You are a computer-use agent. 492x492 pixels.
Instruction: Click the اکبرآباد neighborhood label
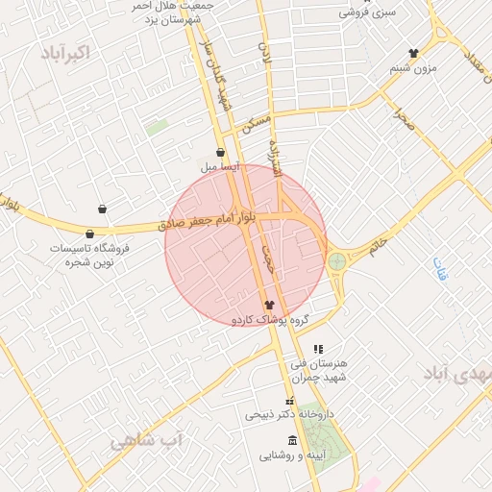(66, 53)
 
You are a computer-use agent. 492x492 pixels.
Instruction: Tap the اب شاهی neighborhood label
(145, 440)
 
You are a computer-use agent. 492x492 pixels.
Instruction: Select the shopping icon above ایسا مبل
(221, 152)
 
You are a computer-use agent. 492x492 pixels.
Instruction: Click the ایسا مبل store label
(219, 166)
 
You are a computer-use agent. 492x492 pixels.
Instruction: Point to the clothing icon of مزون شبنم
(414, 54)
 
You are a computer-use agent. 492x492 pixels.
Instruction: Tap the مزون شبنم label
(413, 68)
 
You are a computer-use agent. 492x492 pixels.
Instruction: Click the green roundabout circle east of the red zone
(336, 261)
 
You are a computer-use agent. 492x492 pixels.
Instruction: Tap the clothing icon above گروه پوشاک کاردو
(268, 304)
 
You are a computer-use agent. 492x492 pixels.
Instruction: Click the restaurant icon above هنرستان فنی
(319, 349)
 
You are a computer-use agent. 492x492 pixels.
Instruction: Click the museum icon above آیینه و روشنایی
(292, 440)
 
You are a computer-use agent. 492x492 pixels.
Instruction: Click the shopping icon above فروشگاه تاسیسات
(90, 234)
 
